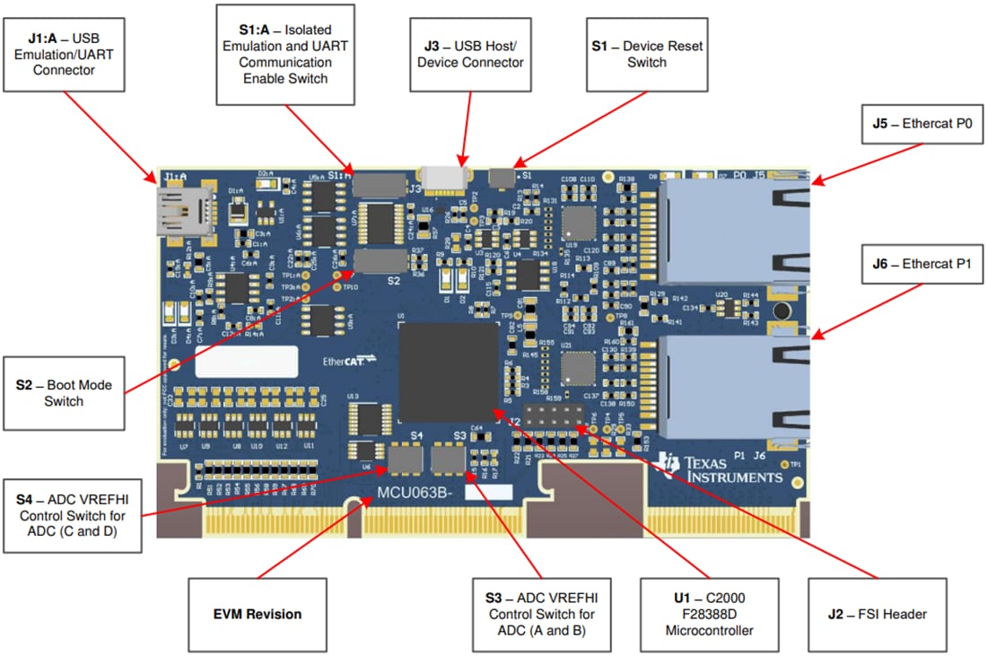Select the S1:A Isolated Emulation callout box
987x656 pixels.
coord(284,55)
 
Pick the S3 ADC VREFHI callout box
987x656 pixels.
coord(541,615)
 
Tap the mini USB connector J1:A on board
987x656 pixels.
coord(183,211)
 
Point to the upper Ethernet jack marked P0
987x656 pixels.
coord(734,229)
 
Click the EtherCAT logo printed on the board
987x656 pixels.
coord(349,362)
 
